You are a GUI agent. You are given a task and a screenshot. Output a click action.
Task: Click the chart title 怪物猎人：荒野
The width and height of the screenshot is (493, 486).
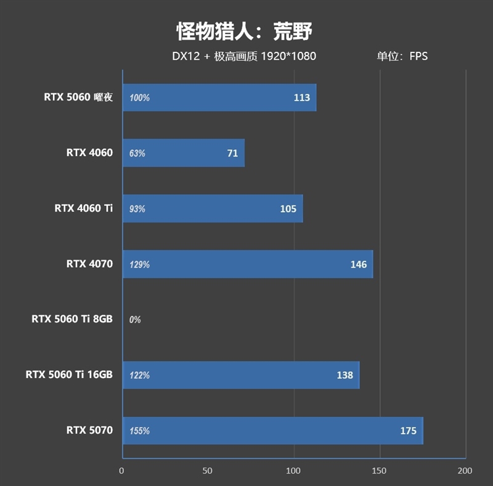click(246, 30)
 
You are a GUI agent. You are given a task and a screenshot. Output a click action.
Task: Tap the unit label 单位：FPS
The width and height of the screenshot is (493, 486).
click(402, 56)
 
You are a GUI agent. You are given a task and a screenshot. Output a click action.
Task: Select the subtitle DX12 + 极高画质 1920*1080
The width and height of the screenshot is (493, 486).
click(244, 56)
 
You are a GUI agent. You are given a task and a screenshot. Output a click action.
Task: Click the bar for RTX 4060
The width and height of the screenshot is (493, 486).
click(184, 153)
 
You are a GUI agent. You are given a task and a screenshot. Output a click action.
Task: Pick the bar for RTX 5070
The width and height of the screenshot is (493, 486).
click(273, 430)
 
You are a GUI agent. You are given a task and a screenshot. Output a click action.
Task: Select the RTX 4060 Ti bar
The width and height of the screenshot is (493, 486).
click(213, 208)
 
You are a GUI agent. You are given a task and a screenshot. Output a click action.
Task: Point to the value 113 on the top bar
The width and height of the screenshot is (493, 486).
click(302, 97)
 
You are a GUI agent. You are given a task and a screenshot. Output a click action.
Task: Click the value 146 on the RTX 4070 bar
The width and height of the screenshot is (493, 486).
click(358, 265)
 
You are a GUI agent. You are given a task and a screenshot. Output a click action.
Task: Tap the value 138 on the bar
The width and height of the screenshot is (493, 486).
click(344, 375)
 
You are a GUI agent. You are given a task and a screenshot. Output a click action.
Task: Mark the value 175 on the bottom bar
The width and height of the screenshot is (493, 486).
click(408, 431)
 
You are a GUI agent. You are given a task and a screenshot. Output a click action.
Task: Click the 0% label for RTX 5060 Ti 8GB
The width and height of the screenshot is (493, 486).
click(135, 320)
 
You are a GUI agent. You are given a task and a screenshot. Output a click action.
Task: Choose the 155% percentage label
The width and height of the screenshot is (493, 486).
click(139, 431)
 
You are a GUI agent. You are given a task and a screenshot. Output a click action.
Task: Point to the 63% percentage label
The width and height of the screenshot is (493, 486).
click(137, 154)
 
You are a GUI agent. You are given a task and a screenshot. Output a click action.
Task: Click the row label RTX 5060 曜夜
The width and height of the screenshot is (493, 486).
click(78, 97)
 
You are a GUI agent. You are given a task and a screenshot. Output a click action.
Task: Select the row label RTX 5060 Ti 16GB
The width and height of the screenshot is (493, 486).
click(69, 374)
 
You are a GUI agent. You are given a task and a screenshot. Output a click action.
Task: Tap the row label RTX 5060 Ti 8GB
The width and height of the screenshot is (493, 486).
click(72, 319)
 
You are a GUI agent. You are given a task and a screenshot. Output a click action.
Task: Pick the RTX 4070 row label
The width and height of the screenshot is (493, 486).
click(89, 263)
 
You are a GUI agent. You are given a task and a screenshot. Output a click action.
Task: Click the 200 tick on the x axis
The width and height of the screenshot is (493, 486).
click(465, 471)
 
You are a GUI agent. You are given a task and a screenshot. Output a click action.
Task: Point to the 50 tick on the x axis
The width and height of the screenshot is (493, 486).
click(208, 471)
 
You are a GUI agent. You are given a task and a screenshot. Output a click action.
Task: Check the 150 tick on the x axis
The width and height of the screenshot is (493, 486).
click(380, 471)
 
